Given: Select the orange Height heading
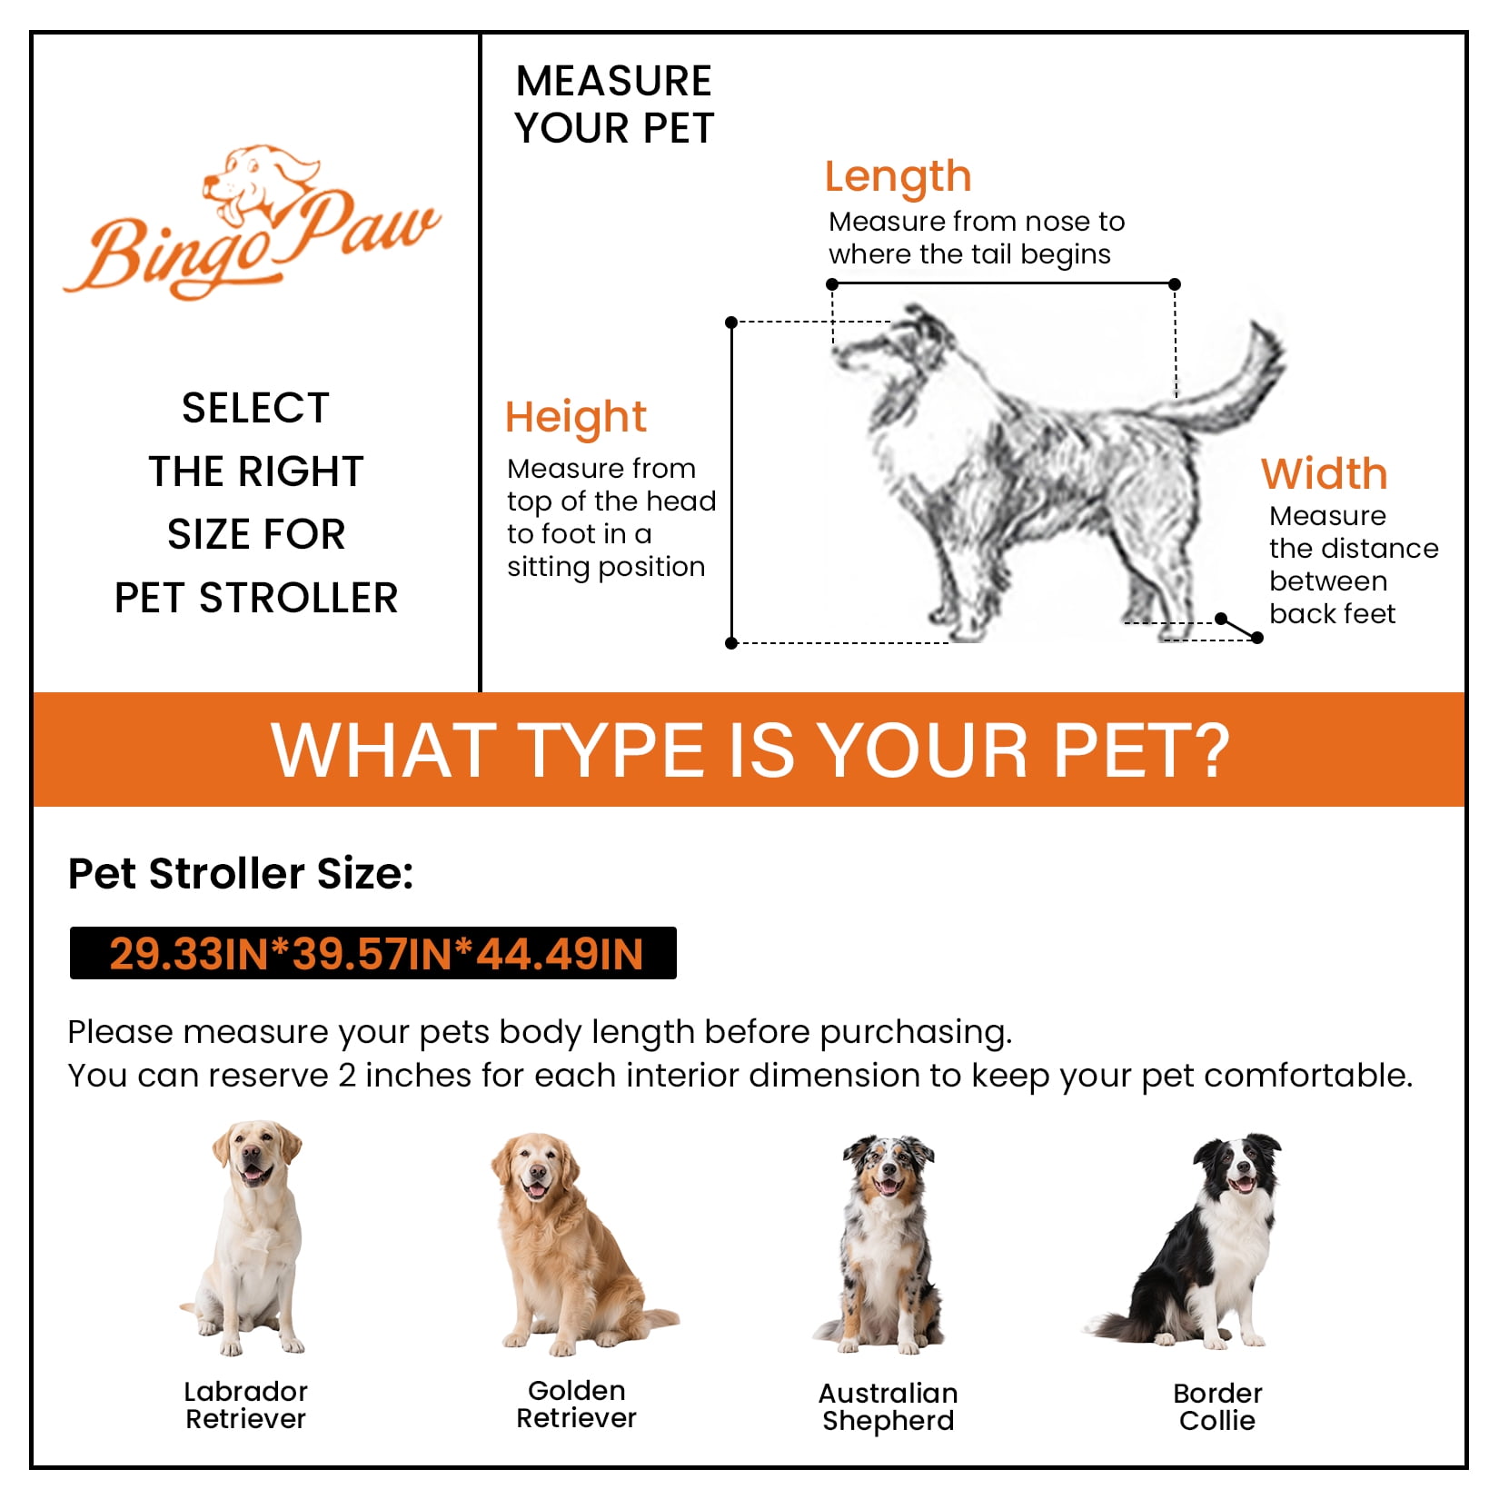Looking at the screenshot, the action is coord(576,418).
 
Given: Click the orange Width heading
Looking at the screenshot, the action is coord(1324,473).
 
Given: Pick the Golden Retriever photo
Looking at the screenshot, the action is coord(578,1245).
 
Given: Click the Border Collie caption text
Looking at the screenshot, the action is coord(1217,1406).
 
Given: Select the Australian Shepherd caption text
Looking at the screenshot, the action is coord(888,1406).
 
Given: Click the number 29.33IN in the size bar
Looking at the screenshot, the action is coord(189,954).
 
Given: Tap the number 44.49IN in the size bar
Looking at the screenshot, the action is coord(561,954).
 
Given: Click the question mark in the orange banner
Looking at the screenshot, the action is coord(1207,750).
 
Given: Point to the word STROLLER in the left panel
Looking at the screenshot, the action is coord(299,598).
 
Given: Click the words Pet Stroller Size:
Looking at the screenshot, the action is coord(241,874).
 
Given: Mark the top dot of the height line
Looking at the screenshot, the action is coord(731,323).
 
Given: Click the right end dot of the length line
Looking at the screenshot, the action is coord(1175,284).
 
